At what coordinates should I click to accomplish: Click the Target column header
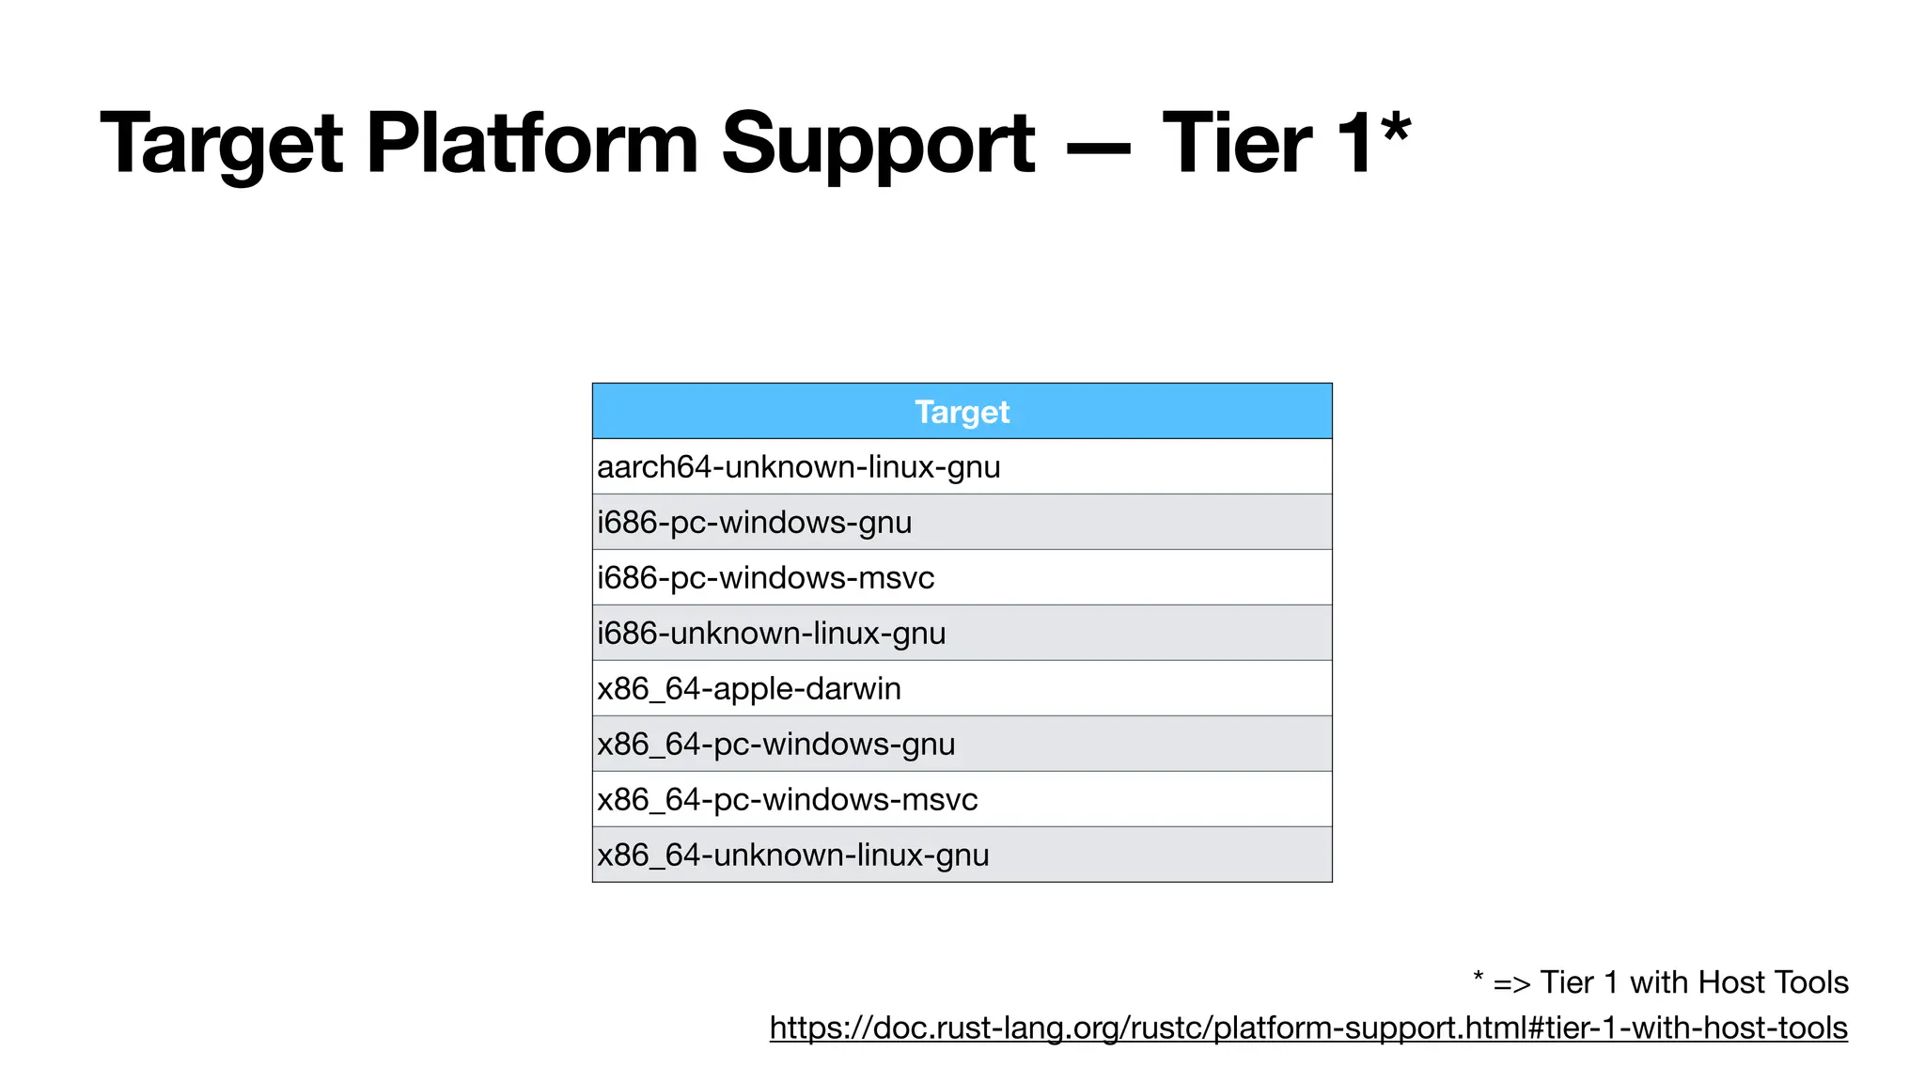click(x=962, y=412)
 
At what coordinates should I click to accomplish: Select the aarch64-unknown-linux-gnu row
click(x=799, y=467)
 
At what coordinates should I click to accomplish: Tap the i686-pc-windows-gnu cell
click(x=755, y=523)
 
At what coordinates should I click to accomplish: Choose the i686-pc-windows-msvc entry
click(x=766, y=578)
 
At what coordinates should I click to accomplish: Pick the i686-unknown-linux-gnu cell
click(x=772, y=634)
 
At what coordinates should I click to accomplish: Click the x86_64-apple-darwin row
click(x=749, y=689)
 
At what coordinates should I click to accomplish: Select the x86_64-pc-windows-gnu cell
click(x=776, y=745)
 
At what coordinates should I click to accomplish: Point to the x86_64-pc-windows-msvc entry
click(x=788, y=800)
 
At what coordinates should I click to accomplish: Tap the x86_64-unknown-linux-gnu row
click(x=793, y=855)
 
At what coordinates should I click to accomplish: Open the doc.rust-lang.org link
click(x=1308, y=1028)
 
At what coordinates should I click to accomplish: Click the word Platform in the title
click(x=531, y=143)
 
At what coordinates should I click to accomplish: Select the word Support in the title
click(x=877, y=143)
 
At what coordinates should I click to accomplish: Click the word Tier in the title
click(x=1236, y=143)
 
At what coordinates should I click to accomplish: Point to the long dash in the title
click(x=1098, y=149)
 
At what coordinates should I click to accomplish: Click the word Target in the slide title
click(x=222, y=143)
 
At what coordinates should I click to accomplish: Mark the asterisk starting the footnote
click(x=1478, y=978)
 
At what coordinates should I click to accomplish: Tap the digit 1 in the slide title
click(x=1354, y=143)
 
